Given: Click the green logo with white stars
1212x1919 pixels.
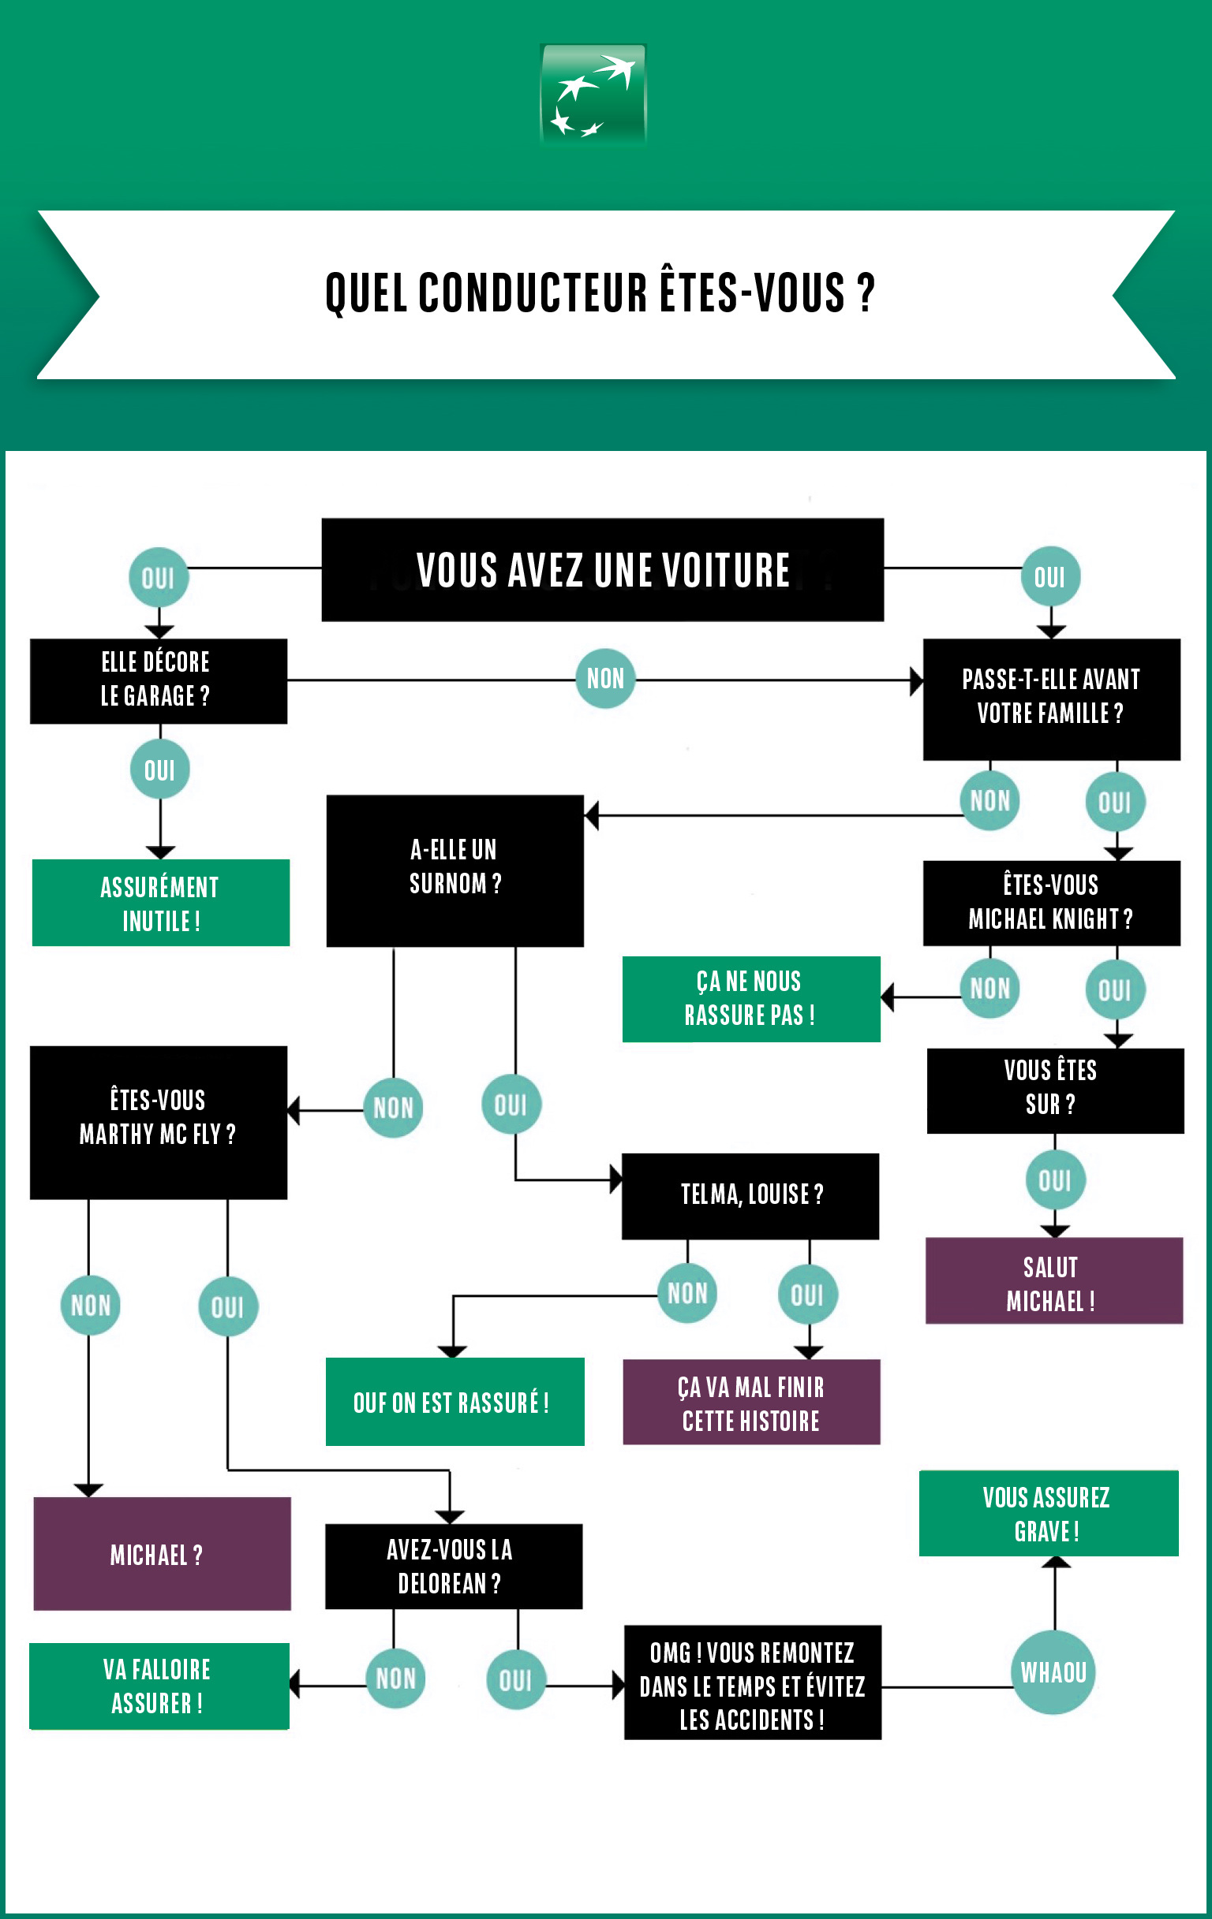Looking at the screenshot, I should coord(593,95).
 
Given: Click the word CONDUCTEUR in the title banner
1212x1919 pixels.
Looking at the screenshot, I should coord(533,293).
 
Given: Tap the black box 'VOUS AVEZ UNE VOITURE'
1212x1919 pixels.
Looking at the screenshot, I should coord(602,570).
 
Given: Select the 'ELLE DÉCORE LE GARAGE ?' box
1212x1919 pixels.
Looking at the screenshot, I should coord(158,680).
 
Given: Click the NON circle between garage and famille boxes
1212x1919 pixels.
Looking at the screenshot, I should coord(605,678).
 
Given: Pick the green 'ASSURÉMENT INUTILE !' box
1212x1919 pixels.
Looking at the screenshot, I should coord(160,903).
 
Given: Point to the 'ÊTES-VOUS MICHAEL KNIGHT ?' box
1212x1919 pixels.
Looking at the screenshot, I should coord(1051,903).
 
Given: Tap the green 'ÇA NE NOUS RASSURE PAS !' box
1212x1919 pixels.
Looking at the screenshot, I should coord(750,999).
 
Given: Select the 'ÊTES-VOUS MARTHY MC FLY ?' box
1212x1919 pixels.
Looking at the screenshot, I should coord(158,1121).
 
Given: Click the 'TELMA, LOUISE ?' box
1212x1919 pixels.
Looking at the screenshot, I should coord(750,1195).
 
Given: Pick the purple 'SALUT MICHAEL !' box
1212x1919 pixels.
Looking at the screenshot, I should coord(1053,1280).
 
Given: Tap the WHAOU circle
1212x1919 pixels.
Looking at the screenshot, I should coord(1053,1672).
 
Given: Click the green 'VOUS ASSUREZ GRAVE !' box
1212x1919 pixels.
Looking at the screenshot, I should coord(1048,1512).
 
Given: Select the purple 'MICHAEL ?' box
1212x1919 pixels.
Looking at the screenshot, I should coord(161,1553).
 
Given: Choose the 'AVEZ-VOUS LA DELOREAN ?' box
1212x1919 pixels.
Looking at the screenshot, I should coord(453,1566).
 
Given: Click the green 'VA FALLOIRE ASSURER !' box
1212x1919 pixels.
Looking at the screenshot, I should coord(159,1686).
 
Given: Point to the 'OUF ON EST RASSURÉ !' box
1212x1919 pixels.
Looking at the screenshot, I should coord(454,1402).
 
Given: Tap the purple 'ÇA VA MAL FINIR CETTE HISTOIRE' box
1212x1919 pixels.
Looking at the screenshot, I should coord(751,1402).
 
